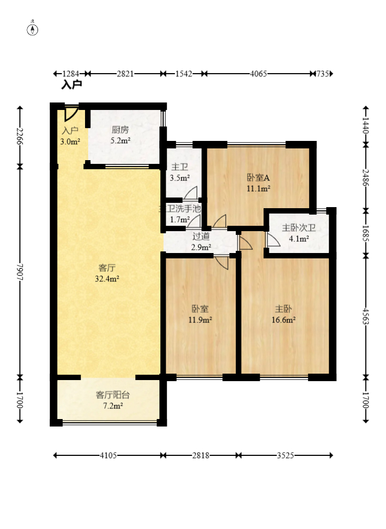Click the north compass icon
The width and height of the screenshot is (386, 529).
(33, 30)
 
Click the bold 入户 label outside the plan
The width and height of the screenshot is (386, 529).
(71, 85)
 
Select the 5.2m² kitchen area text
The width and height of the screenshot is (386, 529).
(120, 141)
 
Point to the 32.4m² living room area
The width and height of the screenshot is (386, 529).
(107, 279)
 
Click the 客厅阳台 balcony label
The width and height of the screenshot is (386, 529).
(113, 394)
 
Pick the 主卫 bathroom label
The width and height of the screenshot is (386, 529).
(180, 167)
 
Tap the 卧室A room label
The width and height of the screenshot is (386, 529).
(258, 177)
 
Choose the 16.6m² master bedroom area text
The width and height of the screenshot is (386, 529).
(283, 320)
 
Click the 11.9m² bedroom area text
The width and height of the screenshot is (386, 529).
(200, 320)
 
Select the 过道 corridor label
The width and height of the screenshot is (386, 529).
(201, 236)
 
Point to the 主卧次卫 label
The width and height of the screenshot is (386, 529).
(299, 228)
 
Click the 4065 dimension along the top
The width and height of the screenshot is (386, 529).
(258, 74)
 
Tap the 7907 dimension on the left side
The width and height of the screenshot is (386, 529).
(20, 272)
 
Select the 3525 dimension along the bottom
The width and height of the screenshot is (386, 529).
(285, 455)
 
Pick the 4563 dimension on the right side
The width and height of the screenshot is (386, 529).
(365, 316)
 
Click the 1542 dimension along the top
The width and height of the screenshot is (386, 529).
(183, 74)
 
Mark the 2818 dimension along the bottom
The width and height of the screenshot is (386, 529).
(200, 455)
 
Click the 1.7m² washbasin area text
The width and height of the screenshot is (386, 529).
(180, 219)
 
